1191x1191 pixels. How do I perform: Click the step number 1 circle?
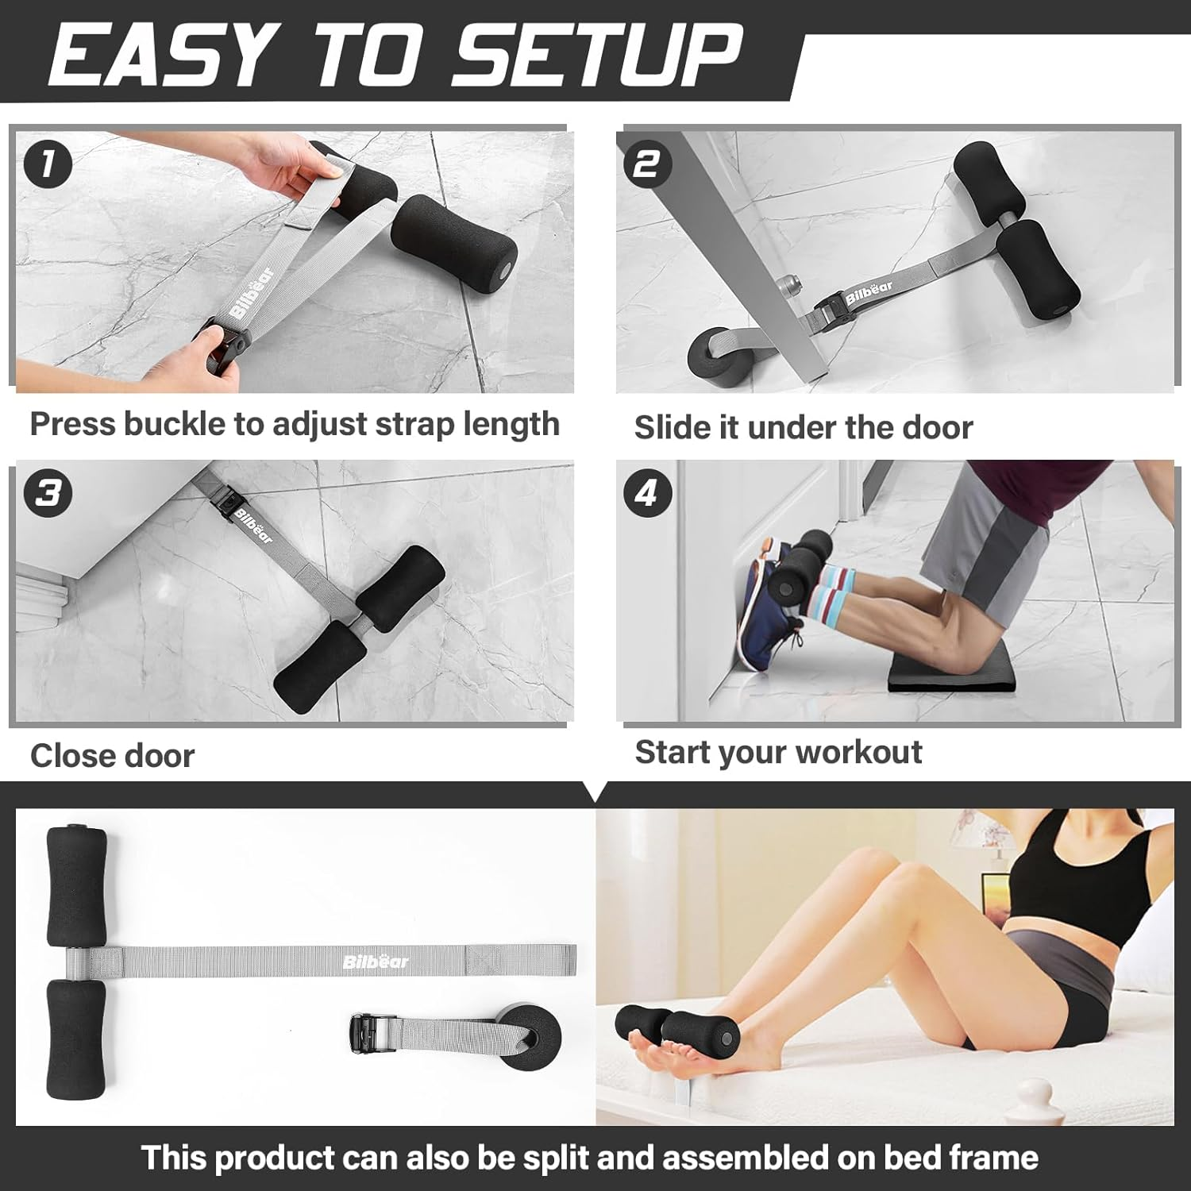tap(48, 164)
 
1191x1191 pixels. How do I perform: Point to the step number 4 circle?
tap(646, 492)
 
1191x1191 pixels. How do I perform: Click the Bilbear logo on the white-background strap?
tap(376, 962)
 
